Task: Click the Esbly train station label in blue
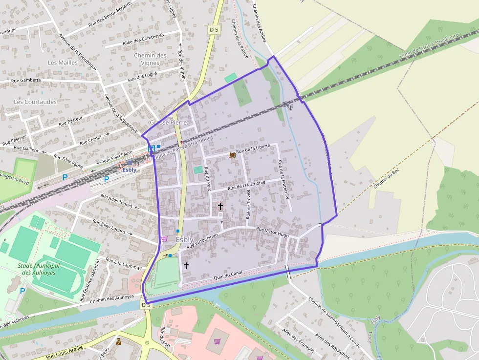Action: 130,170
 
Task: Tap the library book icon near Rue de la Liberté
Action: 232,155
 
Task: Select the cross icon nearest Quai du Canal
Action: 186,265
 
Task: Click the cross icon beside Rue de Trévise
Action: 220,207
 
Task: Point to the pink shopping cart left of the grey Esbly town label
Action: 164,239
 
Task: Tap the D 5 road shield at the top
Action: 214,30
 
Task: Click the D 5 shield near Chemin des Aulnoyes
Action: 146,305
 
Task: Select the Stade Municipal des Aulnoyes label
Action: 39,269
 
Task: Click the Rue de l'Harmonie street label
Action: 247,185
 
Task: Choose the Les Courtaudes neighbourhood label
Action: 35,102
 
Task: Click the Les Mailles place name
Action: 63,63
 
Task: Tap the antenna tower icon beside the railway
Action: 289,106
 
